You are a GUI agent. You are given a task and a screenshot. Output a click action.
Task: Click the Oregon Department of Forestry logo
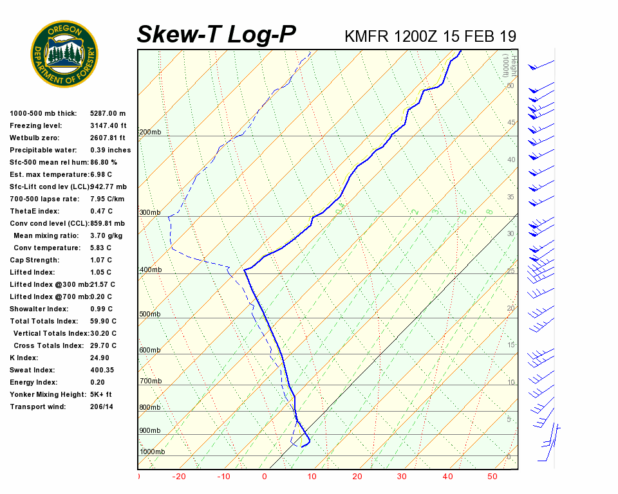point(64,53)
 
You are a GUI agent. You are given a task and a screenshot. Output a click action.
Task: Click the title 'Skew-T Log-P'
point(217,35)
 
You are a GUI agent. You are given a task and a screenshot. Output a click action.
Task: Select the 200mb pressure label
point(150,133)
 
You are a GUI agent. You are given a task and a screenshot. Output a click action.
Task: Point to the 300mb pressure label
point(150,212)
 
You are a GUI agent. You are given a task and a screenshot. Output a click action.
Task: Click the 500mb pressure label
point(150,314)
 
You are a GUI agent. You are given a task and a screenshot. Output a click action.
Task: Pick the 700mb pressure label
point(150,381)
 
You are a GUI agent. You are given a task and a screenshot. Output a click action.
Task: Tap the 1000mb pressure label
point(152,452)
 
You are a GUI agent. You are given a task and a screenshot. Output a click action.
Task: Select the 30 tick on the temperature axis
point(402,477)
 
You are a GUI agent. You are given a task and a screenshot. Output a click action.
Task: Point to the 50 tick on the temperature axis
point(492,477)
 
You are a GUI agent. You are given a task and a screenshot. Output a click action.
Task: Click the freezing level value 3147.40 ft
point(108,125)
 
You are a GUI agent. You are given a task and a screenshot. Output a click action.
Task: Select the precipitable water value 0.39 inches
point(110,150)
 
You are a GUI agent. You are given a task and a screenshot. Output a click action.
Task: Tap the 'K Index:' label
point(24,358)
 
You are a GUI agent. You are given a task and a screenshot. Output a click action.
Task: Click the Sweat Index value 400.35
point(102,370)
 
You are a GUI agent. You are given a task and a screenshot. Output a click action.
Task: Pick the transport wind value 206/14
point(102,407)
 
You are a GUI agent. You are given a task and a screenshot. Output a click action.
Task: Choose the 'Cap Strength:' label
point(34,260)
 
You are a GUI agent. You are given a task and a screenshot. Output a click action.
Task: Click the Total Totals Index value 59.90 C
point(103,321)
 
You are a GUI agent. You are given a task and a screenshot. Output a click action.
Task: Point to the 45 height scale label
point(510,122)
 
